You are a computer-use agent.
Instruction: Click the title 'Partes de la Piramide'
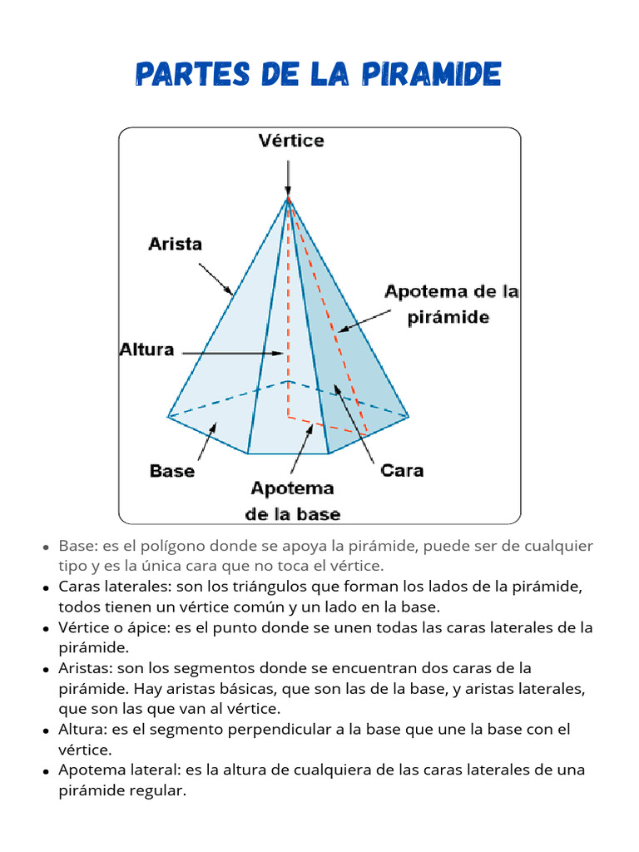318,76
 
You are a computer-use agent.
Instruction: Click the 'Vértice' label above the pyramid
290,141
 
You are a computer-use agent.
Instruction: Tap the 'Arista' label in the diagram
175,244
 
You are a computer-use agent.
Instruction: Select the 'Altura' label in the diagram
146,349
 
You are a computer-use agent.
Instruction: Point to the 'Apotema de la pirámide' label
451,304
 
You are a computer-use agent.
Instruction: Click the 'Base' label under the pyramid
172,471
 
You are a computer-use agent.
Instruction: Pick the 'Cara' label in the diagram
402,471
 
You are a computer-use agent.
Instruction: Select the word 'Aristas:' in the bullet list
86,668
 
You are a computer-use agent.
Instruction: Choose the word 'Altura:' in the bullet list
82,729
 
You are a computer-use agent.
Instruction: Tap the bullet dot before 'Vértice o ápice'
46,629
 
